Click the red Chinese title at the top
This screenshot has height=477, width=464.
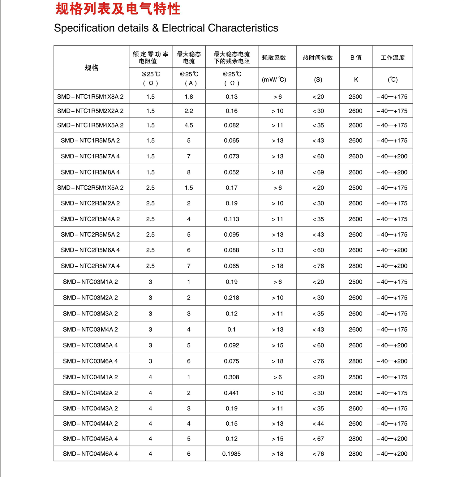coord(118,9)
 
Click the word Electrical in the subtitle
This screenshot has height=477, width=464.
coord(183,28)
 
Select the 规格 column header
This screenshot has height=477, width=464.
coord(91,68)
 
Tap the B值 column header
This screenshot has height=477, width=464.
coord(356,58)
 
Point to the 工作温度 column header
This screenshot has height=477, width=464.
coord(393,58)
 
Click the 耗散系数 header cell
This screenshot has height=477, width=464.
coord(274,58)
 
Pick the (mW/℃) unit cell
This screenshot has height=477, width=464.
coord(274,79)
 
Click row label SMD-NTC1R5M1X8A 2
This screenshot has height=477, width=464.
coord(90,97)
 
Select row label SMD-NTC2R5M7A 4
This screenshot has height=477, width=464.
coord(90,266)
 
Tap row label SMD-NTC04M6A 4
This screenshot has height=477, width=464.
coord(90,454)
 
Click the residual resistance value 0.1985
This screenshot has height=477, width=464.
coord(231,454)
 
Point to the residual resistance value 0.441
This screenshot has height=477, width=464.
coord(231,393)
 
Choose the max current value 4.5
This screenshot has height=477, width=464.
coord(189,125)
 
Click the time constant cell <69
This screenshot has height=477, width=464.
coord(318,172)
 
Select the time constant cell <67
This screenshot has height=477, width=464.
coord(318,439)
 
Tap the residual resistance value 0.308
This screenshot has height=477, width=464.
coord(231,377)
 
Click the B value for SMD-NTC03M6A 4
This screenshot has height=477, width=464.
coord(355,361)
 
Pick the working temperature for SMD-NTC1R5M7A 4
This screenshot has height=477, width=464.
coord(392,156)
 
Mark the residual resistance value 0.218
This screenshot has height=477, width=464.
coord(231,298)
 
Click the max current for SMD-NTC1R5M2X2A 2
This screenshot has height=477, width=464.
coord(189,111)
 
